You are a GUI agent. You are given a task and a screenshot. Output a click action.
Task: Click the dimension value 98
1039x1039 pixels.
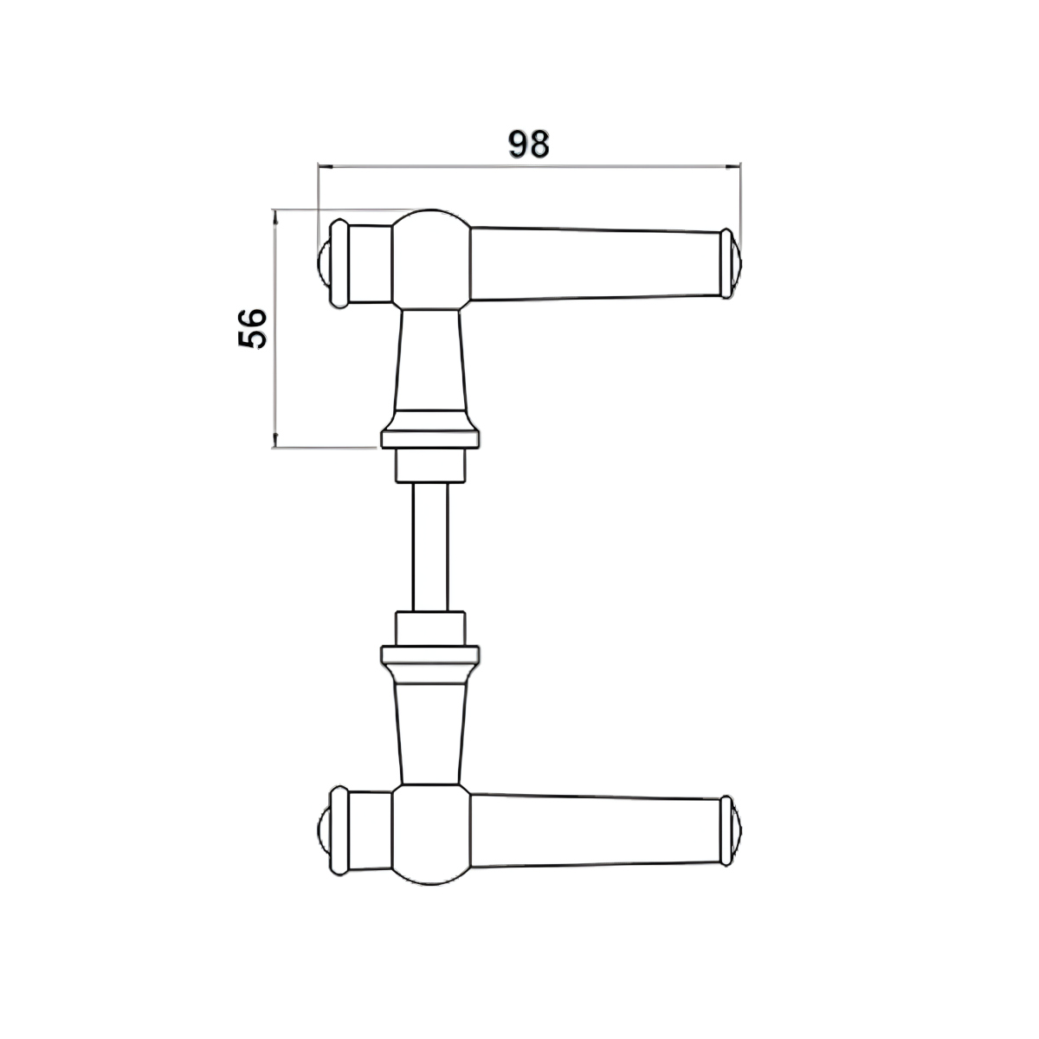click(x=528, y=144)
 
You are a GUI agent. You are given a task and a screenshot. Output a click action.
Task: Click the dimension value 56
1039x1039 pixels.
click(x=252, y=328)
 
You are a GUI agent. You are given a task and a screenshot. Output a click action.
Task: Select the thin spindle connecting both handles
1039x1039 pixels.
click(x=430, y=546)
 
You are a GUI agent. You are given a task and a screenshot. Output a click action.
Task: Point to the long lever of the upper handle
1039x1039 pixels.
click(x=596, y=264)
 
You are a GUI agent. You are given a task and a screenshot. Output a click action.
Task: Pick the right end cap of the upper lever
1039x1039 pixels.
click(x=731, y=264)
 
